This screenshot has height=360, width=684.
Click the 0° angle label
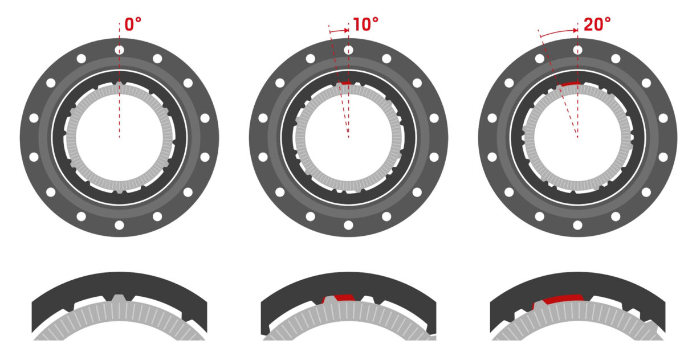coord(133,24)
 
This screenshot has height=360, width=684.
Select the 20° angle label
coord(596,24)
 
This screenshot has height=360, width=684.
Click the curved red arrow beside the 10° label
coord(340,30)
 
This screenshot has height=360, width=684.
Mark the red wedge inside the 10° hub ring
coord(345,84)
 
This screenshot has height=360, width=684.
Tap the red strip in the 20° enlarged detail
coord(561,298)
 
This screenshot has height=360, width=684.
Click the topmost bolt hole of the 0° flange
coord(119,50)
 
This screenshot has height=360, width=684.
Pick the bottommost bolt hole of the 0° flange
coord(119,225)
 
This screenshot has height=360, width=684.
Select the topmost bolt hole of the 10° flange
coord(348,50)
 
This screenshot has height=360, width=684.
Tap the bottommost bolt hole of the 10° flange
coord(348,225)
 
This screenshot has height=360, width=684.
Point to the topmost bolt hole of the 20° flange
coord(577,50)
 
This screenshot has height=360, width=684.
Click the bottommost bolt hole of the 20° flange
coord(577,225)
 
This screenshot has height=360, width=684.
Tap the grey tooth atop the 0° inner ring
coord(119,85)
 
